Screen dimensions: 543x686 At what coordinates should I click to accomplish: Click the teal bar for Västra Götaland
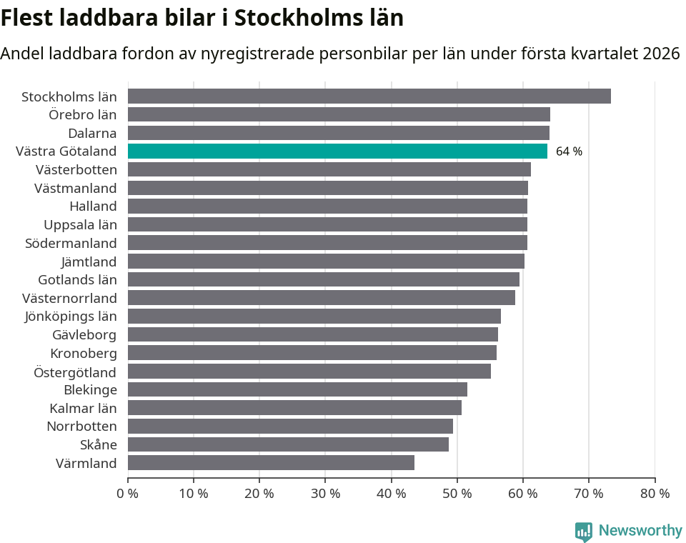337,151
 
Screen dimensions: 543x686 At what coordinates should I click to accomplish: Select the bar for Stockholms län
369,96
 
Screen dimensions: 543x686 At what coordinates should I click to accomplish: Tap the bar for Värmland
271,463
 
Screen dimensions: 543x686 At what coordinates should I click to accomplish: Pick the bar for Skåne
288,444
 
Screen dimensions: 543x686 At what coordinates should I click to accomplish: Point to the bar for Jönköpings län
314,316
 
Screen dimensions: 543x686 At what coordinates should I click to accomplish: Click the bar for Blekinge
297,389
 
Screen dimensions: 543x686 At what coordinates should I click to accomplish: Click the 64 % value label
569,151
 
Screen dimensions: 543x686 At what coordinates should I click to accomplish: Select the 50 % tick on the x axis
457,493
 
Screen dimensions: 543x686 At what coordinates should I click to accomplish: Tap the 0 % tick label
128,493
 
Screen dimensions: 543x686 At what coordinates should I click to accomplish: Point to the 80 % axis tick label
655,493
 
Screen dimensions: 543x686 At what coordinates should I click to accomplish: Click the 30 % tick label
325,493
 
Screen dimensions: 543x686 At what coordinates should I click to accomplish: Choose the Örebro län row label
83,114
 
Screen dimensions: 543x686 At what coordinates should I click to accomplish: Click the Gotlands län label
77,279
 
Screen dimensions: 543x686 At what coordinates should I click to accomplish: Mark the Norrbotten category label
81,427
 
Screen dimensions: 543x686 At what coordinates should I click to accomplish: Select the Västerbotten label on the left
76,169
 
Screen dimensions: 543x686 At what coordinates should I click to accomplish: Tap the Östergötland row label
75,372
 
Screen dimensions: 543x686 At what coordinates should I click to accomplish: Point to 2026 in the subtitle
661,54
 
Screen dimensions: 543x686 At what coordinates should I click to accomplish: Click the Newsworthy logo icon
584,531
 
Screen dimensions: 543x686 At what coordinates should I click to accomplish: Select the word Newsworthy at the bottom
640,530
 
